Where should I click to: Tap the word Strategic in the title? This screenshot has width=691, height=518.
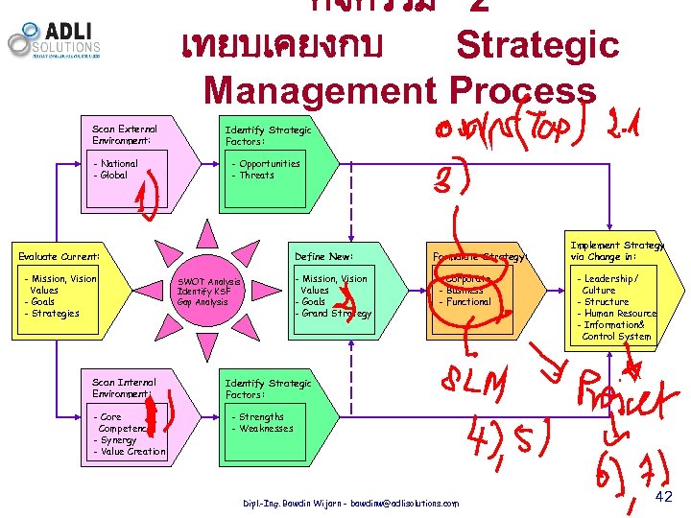[x=537, y=45]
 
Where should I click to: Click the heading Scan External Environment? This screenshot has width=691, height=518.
[x=125, y=134]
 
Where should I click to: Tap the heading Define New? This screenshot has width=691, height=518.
[x=324, y=256]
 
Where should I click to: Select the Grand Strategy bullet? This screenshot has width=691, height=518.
[x=336, y=314]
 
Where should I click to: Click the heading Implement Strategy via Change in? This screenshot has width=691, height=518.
[x=616, y=250]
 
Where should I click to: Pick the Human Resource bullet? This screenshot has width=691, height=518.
[x=618, y=314]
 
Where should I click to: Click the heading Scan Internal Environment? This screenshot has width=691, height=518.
[x=125, y=388]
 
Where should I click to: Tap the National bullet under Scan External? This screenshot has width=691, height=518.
[x=117, y=164]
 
